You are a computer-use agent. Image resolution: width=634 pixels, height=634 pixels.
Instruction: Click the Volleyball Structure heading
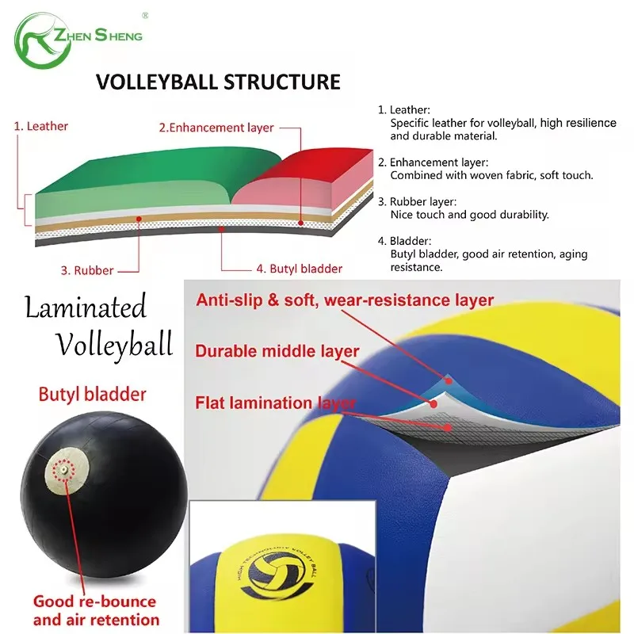(x=218, y=82)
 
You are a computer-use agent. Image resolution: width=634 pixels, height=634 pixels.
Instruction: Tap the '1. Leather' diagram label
(x=42, y=126)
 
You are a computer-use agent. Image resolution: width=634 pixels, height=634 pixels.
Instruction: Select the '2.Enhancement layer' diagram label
(x=216, y=128)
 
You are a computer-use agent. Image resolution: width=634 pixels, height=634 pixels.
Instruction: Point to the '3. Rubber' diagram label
(x=88, y=269)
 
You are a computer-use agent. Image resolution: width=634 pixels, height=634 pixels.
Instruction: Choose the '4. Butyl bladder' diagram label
(x=299, y=269)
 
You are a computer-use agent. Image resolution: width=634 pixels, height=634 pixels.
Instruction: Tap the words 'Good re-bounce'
(x=94, y=602)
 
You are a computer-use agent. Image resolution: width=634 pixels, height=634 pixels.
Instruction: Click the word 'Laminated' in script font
(x=86, y=307)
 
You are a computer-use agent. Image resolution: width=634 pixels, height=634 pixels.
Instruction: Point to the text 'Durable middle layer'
(x=277, y=352)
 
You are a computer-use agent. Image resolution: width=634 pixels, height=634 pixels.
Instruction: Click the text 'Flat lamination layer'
(x=276, y=403)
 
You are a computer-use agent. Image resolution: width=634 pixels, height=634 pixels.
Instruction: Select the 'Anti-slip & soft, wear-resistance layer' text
(x=346, y=300)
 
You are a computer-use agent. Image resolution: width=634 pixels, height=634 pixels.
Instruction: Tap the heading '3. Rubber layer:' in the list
(x=418, y=202)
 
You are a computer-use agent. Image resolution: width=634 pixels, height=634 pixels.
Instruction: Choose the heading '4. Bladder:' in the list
(x=403, y=241)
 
